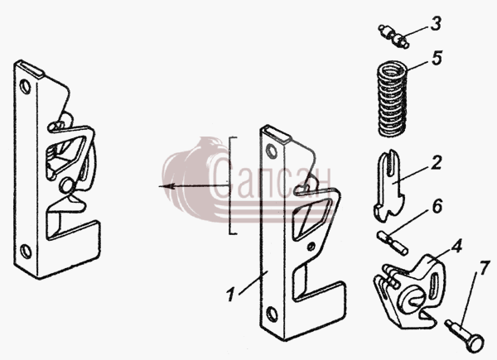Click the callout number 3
436,23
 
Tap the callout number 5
437,58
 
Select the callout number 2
437,162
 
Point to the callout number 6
437,206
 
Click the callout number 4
456,247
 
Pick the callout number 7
483,268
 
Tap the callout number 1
231,295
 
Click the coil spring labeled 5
392,98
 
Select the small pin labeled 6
393,242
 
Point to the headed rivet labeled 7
464,336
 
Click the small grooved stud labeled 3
393,36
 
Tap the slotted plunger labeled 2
389,185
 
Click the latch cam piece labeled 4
409,291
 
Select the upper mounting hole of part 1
272,151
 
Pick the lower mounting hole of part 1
272,314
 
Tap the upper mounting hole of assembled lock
25,87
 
